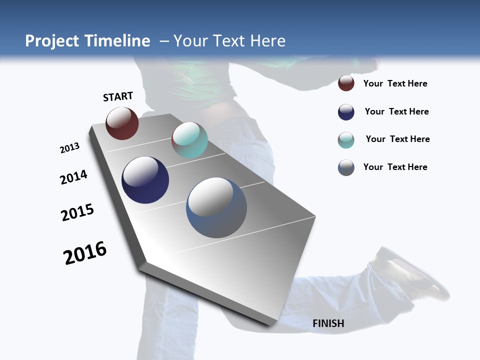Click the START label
click(x=118, y=96)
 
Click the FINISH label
click(x=328, y=323)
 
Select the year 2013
click(x=69, y=148)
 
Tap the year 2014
click(x=73, y=177)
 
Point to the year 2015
click(x=77, y=212)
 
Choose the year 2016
click(x=85, y=253)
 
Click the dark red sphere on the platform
click(x=122, y=123)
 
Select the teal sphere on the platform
click(x=189, y=140)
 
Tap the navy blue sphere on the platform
click(x=145, y=180)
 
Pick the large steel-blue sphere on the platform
click(x=216, y=207)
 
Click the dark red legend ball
click(x=346, y=83)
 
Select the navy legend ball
click(x=346, y=112)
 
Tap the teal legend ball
click(x=346, y=140)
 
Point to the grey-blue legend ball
click(x=346, y=167)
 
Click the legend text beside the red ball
click(x=395, y=83)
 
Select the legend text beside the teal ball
click(x=397, y=139)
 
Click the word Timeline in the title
click(x=118, y=41)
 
